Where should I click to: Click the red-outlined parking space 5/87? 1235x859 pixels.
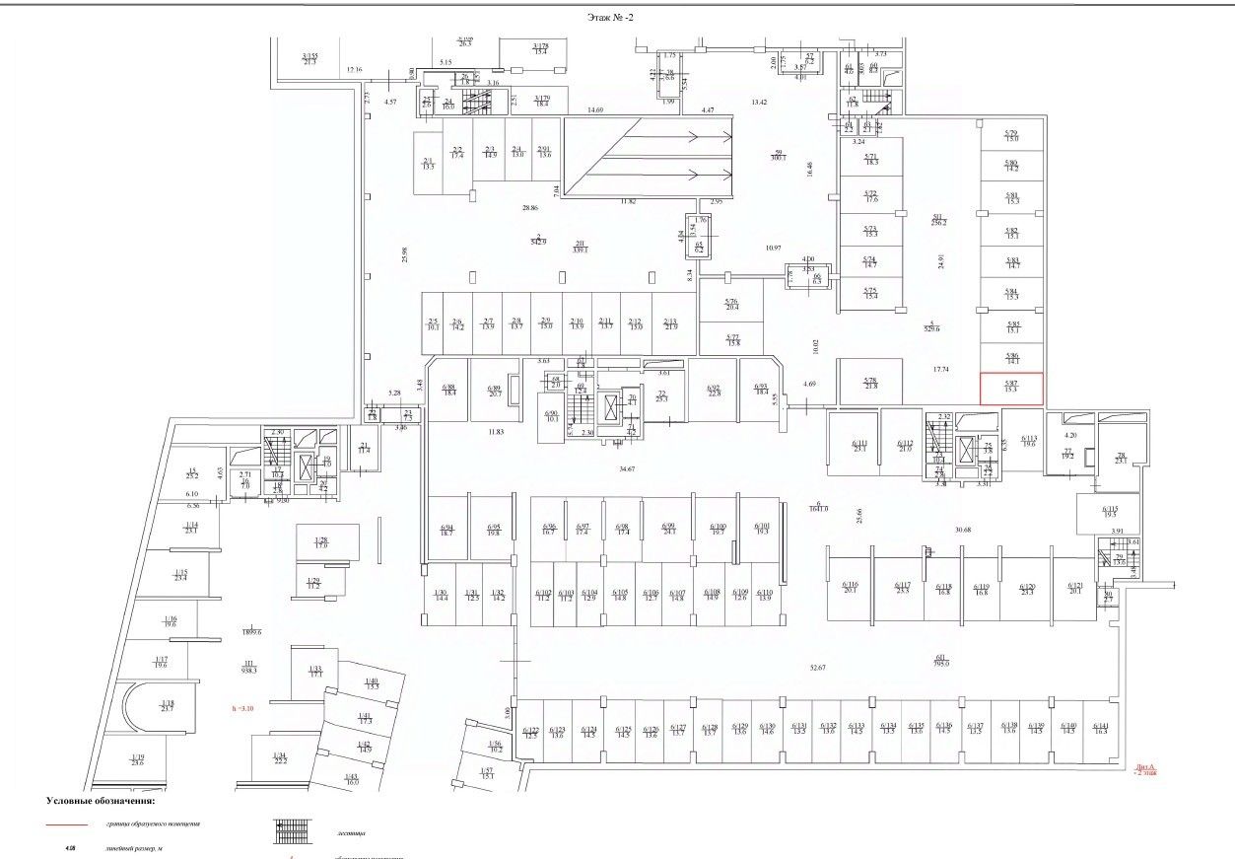(1011, 389)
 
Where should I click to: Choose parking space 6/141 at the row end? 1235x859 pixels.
(1100, 730)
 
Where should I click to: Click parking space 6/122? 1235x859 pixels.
(530, 732)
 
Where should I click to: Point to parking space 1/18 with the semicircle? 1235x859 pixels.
(167, 706)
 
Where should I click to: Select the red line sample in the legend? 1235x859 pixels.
(66, 823)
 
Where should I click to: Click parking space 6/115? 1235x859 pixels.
(1110, 513)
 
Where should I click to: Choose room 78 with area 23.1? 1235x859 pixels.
(1120, 459)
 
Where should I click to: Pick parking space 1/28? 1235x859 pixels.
(321, 542)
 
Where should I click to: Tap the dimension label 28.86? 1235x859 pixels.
(530, 208)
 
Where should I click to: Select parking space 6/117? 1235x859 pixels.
(902, 588)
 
